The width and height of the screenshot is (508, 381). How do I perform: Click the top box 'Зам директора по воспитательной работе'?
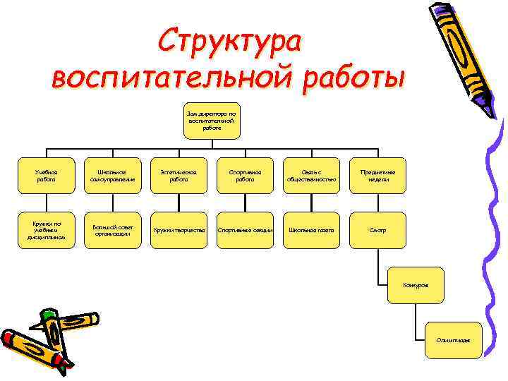212,119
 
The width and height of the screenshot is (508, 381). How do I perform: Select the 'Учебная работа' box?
47,175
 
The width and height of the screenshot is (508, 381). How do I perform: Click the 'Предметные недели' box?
377,175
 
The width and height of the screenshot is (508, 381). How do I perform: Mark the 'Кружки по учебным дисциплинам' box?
47,230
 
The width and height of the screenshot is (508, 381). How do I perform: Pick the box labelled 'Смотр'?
377,230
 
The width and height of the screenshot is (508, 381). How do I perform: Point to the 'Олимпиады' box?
453,340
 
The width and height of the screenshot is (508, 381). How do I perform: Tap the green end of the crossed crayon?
48,315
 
